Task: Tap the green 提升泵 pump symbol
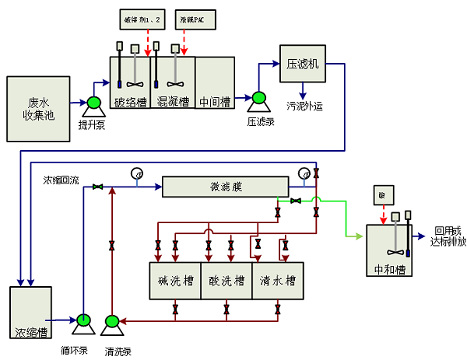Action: tap(93, 103)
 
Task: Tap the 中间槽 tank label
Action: tap(214, 101)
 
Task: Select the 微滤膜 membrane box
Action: tap(224, 187)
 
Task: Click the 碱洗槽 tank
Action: tap(174, 281)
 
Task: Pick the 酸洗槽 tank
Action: tap(226, 281)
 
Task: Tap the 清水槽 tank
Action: tap(277, 281)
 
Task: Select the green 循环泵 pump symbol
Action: tap(83, 320)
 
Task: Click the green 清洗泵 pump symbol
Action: tap(111, 320)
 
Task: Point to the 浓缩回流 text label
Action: tap(61, 181)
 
